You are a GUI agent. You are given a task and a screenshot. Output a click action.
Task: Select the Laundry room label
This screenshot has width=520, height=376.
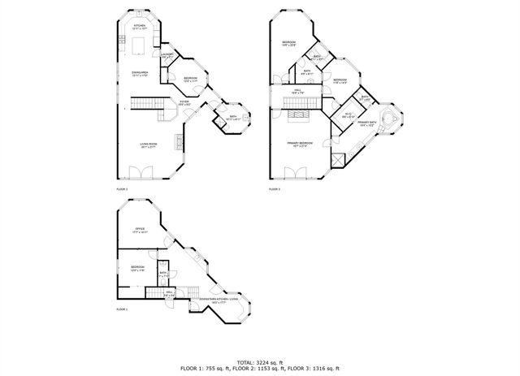[167, 54]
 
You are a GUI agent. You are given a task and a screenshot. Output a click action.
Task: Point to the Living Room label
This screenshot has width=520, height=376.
[148, 145]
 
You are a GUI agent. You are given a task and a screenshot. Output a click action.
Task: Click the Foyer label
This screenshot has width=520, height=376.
[184, 103]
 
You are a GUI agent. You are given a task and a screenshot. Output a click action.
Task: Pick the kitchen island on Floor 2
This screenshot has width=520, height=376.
[141, 41]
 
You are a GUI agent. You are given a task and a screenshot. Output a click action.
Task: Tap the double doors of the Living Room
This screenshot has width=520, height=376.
[141, 173]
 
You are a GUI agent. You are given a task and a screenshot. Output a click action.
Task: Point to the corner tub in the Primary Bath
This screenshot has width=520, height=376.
[388, 119]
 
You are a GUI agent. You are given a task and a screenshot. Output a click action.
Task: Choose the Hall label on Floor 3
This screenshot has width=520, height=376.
[299, 91]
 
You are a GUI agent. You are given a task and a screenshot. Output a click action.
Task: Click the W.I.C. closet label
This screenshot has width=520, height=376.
[348, 115]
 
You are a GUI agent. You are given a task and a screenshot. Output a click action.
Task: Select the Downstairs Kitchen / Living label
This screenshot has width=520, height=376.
[218, 300]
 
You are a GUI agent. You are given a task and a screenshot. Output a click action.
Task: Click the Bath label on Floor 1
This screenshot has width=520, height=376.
[163, 274]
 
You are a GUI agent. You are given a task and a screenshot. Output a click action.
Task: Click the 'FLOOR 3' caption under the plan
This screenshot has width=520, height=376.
[275, 188]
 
